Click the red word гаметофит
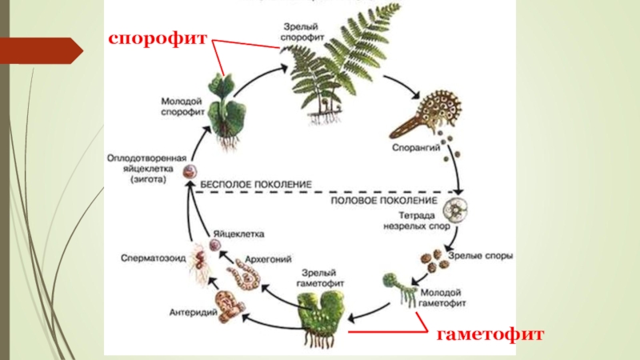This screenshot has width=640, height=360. pos(490,334)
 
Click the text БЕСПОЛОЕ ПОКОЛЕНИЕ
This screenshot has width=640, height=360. pos(255,184)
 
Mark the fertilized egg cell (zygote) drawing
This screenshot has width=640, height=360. pos(190,170)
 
